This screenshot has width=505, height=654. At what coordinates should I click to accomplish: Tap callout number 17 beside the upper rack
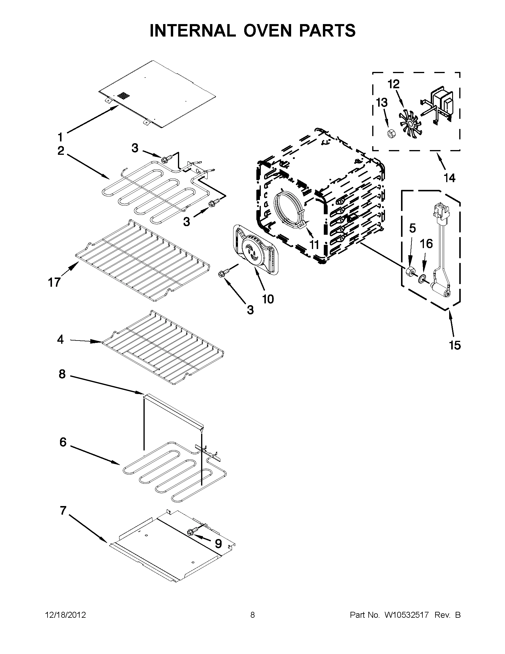click(x=54, y=282)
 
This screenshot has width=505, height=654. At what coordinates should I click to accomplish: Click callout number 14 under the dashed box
click(x=450, y=178)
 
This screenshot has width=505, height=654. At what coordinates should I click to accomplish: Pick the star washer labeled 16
click(x=422, y=280)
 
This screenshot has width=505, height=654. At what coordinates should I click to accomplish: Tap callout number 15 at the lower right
click(x=454, y=345)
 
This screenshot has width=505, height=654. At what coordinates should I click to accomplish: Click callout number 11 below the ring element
click(x=314, y=245)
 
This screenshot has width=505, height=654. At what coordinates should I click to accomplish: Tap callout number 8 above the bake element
click(x=62, y=374)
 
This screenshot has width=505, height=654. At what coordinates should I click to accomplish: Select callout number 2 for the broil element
click(x=61, y=151)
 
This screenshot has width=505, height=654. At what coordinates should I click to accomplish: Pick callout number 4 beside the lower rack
click(x=60, y=340)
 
